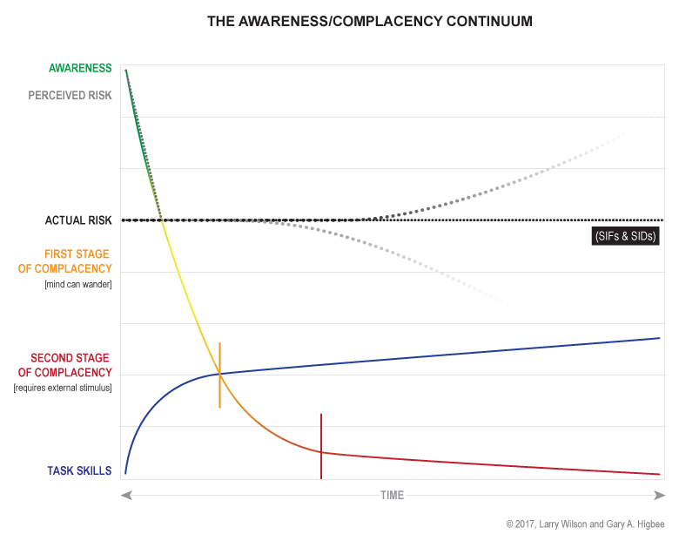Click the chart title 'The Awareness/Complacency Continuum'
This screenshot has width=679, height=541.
pos(369,19)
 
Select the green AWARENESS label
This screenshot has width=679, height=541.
pos(80,67)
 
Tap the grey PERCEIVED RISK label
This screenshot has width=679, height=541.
pos(70,95)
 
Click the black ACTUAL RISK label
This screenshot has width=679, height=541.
pos(78,220)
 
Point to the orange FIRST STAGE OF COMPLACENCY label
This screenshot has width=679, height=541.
pos(65,261)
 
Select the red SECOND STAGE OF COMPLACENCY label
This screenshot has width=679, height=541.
pos(70,365)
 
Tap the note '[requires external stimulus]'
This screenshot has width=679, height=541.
pos(63,387)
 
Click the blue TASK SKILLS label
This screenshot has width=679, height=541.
pos(79,471)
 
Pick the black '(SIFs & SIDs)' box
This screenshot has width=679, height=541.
pos(626,236)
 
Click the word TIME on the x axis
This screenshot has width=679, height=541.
pos(392,495)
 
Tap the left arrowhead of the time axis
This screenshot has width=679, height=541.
pos(126,495)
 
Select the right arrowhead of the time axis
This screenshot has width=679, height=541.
pos(659,495)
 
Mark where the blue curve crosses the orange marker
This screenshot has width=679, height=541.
pos(219,374)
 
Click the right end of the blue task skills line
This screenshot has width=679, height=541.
pos(660,337)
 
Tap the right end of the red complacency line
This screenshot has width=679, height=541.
pos(660,474)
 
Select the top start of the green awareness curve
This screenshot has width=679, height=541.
pos(126,71)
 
